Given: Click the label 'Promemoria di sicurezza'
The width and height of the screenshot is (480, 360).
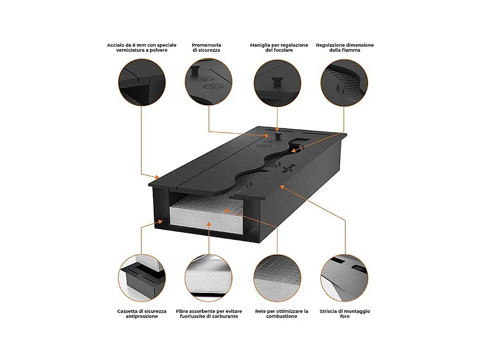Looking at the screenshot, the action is [206, 47].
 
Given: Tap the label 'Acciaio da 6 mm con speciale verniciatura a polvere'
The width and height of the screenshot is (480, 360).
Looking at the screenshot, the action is [142, 47].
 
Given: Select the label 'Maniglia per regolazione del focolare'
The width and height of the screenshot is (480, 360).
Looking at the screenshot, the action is [279, 47].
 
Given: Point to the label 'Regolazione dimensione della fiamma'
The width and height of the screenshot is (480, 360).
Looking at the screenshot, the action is [345, 47].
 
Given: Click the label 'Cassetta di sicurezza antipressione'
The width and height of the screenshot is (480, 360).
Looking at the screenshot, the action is [142, 314].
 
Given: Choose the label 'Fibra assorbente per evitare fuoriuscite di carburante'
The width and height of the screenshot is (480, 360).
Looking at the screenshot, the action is [209, 314].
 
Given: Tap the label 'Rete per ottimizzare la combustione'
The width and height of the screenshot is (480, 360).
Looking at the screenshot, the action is [281, 314].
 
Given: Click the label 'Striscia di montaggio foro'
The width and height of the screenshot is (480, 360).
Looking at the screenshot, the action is [345, 314].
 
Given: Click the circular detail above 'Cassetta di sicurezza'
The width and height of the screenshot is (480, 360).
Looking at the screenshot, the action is [142, 278].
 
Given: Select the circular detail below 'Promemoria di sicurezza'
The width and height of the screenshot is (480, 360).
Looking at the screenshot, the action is [208, 82].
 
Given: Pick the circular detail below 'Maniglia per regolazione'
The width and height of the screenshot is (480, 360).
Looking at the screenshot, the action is [277, 83].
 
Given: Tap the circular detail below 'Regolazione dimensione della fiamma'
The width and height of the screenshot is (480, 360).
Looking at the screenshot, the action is [344, 83].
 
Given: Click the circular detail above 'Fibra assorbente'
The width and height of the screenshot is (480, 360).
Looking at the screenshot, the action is [208, 278].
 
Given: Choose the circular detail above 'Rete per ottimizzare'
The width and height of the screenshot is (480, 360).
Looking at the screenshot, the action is [277, 278].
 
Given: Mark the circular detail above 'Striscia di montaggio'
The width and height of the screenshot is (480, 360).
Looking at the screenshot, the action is [344, 278].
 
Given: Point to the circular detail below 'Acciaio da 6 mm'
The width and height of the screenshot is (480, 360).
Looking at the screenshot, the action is [142, 82].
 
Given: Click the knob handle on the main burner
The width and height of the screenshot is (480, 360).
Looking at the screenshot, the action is [278, 136].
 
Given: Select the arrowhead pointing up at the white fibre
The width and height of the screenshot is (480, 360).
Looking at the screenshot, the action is [209, 224].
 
